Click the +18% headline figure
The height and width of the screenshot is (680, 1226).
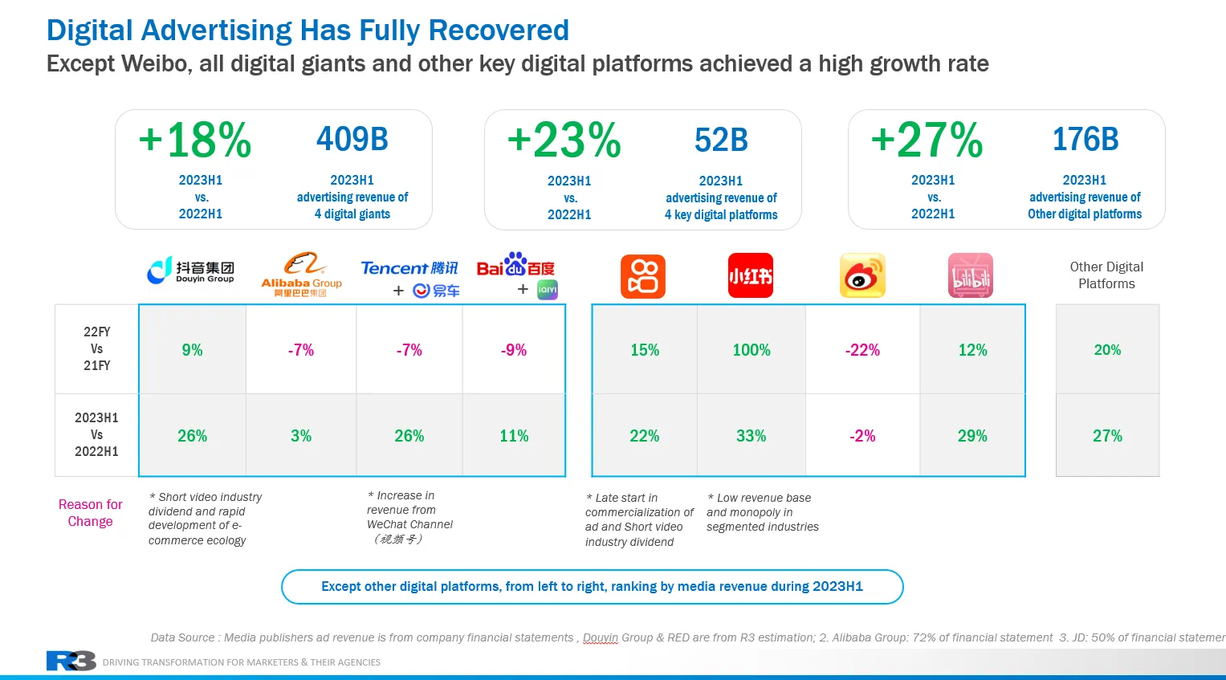point(195,140)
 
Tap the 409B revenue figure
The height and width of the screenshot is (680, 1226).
point(352,140)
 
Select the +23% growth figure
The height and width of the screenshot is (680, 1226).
point(564,140)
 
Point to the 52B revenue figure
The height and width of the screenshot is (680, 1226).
point(721,140)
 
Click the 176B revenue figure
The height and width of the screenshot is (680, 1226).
point(1085,140)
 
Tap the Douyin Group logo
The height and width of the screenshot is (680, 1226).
point(190,271)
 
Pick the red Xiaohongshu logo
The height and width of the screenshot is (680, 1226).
point(750,275)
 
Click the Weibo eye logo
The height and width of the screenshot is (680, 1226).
point(862,275)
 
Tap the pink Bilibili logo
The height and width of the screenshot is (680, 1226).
point(970,275)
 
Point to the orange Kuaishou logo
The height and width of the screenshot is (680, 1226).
point(643,276)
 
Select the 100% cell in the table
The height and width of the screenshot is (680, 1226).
point(751,350)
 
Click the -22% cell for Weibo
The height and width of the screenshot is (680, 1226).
point(862,350)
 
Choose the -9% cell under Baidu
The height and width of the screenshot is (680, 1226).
point(514,350)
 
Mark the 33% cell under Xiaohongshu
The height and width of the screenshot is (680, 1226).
point(751,436)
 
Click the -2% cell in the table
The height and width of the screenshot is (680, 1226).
point(862,436)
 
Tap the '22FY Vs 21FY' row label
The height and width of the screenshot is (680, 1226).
point(96,348)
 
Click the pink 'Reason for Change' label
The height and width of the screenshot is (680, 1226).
point(90,513)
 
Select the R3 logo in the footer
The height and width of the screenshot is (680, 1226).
point(71,661)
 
